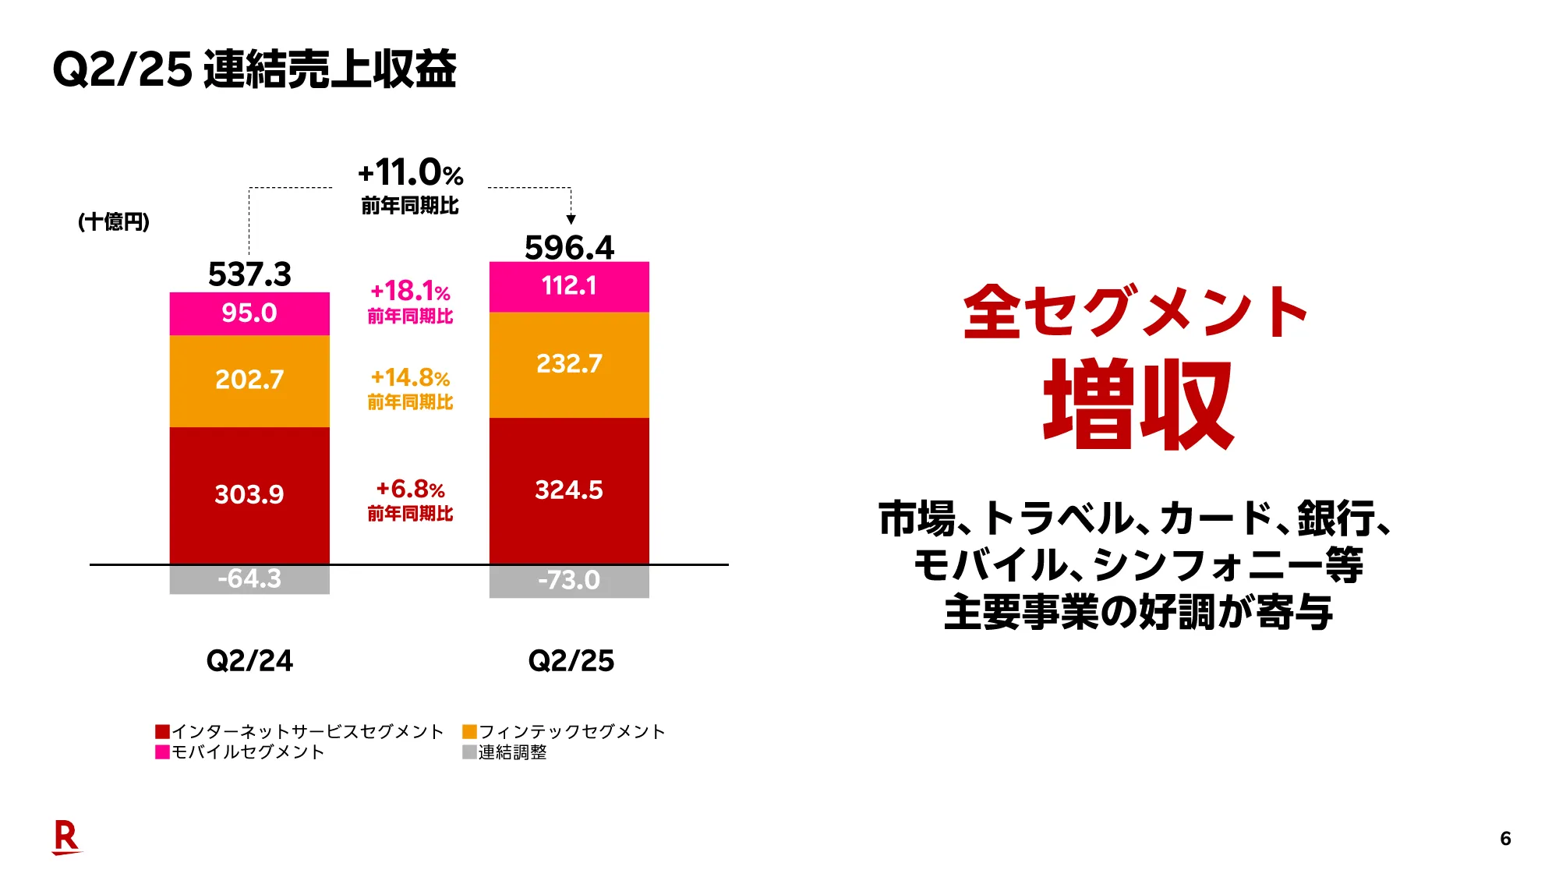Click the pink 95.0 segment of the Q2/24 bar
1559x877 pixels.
click(249, 313)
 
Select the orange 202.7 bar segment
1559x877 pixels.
click(249, 380)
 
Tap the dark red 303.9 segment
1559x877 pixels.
click(249, 495)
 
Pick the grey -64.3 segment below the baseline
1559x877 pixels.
click(249, 579)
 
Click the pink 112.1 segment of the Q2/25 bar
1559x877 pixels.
click(569, 286)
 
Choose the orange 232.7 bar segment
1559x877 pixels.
click(569, 364)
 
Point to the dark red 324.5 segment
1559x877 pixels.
click(569, 490)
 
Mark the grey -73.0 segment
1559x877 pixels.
click(569, 581)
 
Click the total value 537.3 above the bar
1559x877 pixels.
click(249, 274)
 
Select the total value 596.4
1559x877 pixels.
click(569, 248)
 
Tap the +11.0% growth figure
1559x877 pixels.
click(410, 173)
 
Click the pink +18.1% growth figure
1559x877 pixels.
click(410, 292)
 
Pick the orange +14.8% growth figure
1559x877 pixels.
click(410, 378)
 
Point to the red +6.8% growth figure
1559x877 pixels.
click(410, 490)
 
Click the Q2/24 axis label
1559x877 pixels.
click(249, 661)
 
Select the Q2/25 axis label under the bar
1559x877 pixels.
click(571, 661)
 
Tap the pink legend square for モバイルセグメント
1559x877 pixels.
click(162, 752)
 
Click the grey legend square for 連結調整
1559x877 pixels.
click(469, 752)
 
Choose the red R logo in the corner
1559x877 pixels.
click(66, 837)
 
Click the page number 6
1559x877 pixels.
click(1505, 839)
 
